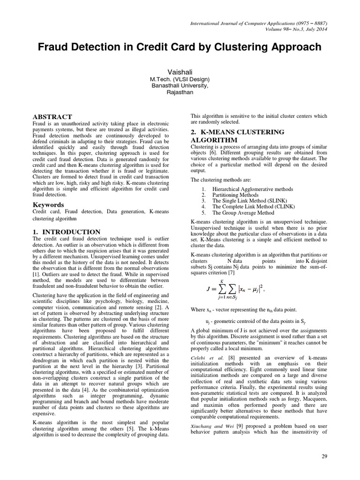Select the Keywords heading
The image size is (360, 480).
point(48,205)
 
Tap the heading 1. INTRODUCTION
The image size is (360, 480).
point(66,232)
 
